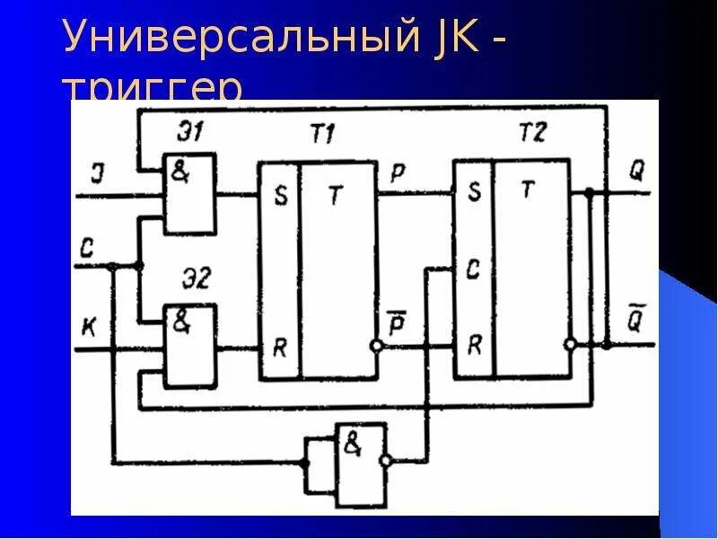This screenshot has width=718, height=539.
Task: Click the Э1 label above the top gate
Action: pos(188,134)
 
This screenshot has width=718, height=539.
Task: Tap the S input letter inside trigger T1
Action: pos(281,197)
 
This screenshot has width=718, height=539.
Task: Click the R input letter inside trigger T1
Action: pos(280,347)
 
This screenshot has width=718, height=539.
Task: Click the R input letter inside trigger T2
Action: pos(473,344)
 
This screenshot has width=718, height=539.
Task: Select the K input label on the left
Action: pos(86,329)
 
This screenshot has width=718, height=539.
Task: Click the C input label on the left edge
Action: pos(86,251)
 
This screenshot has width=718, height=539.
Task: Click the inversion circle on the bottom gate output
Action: pos(385,461)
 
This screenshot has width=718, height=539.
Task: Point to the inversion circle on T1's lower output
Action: pos(378,346)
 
